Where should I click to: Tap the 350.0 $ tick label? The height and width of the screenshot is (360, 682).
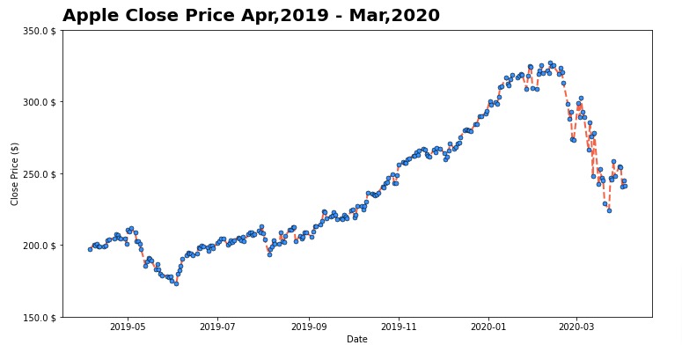pyautogui.click(x=40, y=31)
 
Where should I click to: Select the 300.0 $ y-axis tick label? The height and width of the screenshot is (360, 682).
pyautogui.click(x=40, y=102)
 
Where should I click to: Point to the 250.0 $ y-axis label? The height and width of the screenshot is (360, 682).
pyautogui.click(x=40, y=173)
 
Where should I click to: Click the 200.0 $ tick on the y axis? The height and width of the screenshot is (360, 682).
pyautogui.click(x=40, y=245)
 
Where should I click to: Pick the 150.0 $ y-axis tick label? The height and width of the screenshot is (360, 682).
pyautogui.click(x=40, y=317)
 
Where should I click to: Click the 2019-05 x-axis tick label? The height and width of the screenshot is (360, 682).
pyautogui.click(x=128, y=326)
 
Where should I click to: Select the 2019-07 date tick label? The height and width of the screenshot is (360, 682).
pyautogui.click(x=217, y=326)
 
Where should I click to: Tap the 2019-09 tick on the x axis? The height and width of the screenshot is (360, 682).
pyautogui.click(x=308, y=326)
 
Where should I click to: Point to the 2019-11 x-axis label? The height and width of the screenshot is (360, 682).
pyautogui.click(x=399, y=326)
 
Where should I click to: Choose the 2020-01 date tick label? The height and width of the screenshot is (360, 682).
pyautogui.click(x=488, y=326)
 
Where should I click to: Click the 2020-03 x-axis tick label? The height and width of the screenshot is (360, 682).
pyautogui.click(x=576, y=326)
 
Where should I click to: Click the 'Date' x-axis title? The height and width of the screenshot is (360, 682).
pyautogui.click(x=356, y=339)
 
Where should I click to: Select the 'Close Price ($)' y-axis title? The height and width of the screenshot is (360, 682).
pyautogui.click(x=14, y=173)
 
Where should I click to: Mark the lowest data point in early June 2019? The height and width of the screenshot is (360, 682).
pyautogui.click(x=176, y=283)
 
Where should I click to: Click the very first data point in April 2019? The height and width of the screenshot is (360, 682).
pyautogui.click(x=90, y=249)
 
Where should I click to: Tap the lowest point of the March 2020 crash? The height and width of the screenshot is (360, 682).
pyautogui.click(x=609, y=210)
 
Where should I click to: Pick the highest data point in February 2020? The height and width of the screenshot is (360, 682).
pyautogui.click(x=550, y=63)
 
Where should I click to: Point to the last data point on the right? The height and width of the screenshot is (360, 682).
pyautogui.click(x=625, y=186)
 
